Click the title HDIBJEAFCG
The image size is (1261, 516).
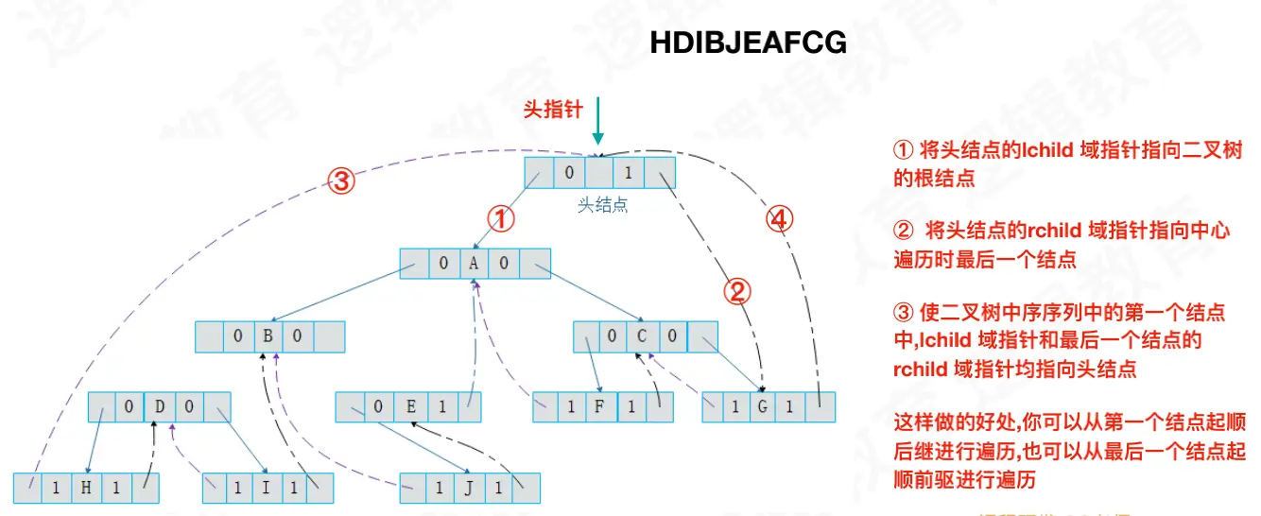coord(749,43)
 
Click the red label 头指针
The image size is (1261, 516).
coord(553,110)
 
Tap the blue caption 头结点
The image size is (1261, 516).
coord(602,205)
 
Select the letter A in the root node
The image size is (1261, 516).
coord(474,265)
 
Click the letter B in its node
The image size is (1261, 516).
coord(268,337)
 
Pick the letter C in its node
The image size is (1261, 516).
coord(642,337)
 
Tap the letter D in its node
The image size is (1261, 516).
coord(159,408)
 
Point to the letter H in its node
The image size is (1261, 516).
coord(87,488)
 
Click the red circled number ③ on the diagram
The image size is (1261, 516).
coord(341,181)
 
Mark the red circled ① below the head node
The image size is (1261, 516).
coord(501,219)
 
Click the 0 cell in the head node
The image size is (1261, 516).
coord(569,173)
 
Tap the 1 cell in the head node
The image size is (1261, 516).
coord(629,173)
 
